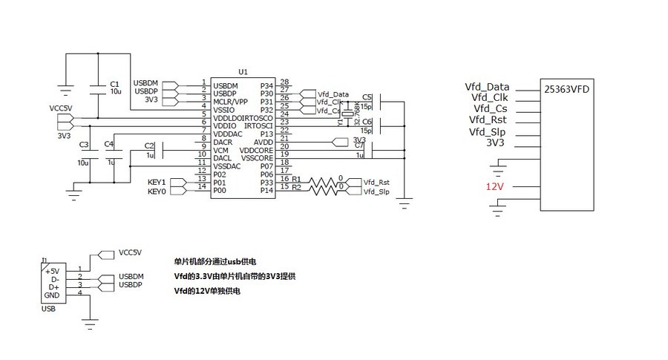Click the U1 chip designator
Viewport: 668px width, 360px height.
point(243,71)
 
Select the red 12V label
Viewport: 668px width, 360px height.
point(495,186)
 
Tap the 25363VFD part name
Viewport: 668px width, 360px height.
point(568,88)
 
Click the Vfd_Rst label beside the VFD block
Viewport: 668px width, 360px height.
point(488,120)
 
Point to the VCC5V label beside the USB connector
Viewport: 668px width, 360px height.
point(130,252)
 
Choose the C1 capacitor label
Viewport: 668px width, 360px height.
point(114,84)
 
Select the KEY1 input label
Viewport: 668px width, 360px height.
point(157,182)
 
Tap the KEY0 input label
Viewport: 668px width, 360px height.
point(157,191)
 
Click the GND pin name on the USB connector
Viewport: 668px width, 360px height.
point(51,295)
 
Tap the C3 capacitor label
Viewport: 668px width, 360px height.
point(83,144)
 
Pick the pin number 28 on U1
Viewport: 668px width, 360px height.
point(285,82)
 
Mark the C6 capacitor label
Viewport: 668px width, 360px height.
point(367,121)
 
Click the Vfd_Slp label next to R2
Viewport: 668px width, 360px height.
point(377,192)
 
